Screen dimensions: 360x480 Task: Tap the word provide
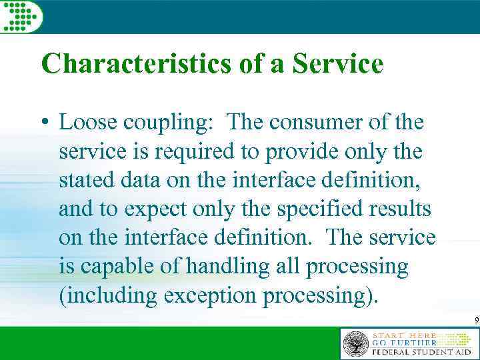(300, 153)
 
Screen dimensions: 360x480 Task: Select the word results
(402, 209)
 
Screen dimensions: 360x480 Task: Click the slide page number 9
(476, 321)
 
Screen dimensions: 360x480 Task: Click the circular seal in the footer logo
(355, 343)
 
